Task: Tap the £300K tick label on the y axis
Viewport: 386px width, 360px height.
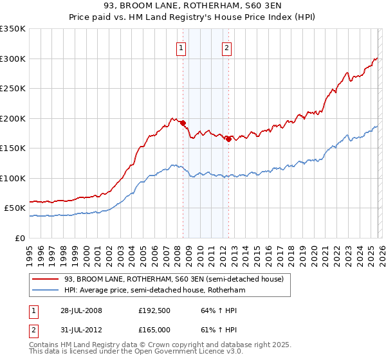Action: pyautogui.click(x=13, y=59)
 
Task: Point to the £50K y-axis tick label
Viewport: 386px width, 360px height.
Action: pyautogui.click(x=15, y=208)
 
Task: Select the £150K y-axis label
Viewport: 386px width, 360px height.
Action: pyautogui.click(x=13, y=148)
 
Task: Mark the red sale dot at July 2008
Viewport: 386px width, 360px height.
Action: pyautogui.click(x=183, y=123)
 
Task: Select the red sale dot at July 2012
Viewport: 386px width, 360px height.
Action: pyautogui.click(x=228, y=139)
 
